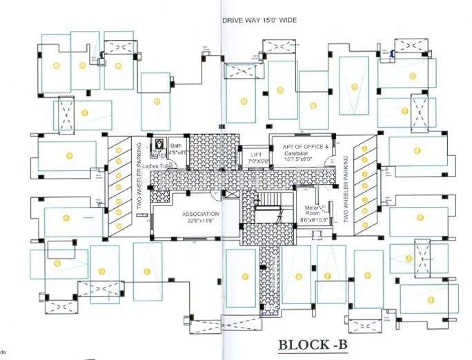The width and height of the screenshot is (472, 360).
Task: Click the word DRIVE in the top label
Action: (233, 20)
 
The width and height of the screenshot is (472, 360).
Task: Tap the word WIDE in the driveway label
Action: (284, 20)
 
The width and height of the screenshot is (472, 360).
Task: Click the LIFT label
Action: (255, 155)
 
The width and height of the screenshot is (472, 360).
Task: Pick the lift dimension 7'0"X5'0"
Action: (255, 161)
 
